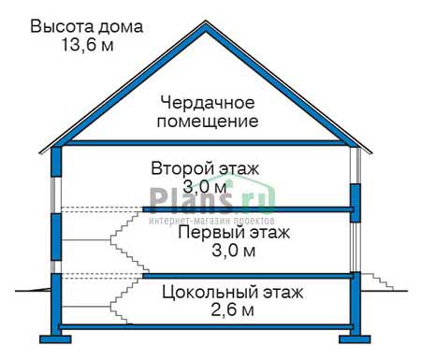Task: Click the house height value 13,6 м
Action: pos(87,45)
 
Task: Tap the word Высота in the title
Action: pos(62,26)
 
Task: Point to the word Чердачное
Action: pos(208,104)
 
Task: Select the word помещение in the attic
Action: pos(208,122)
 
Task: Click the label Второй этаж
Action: pos(205,168)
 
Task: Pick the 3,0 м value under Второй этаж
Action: pos(204,187)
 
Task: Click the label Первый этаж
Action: pos(234,233)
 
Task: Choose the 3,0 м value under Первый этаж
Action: pos(234,251)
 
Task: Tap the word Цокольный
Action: pos(210,293)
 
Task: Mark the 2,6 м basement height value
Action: pos(233,310)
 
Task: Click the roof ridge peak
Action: pos(206,22)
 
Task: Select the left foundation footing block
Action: pos(55,339)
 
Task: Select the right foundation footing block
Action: pos(355,339)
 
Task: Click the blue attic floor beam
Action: pos(206,143)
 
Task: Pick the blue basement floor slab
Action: pos(206,327)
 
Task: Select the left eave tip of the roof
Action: pos(39,152)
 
